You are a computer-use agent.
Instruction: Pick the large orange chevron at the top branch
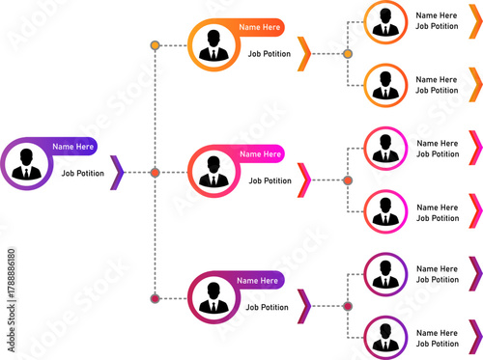(304, 54)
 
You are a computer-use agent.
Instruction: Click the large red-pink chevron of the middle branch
(304, 180)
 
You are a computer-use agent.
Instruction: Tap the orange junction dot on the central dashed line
(155, 173)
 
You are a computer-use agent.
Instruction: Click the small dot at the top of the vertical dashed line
(155, 45)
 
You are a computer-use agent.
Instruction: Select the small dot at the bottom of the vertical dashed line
(155, 297)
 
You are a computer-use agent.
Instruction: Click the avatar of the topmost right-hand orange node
(385, 21)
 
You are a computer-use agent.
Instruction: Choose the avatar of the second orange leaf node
(385, 86)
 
